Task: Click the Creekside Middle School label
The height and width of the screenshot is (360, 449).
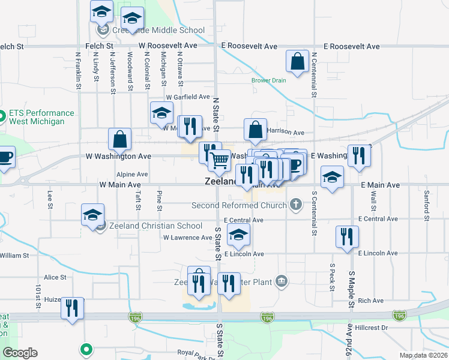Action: pos(158,30)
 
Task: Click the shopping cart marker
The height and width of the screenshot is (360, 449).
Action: pos(220,161)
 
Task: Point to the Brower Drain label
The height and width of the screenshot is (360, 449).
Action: pos(269,80)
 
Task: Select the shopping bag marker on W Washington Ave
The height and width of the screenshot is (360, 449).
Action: pos(120,139)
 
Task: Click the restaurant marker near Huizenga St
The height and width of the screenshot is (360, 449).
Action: pos(72,308)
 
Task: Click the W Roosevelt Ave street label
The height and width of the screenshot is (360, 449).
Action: pos(167,46)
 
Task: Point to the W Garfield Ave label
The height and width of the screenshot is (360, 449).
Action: pos(188,97)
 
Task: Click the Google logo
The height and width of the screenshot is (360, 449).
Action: pos(20,353)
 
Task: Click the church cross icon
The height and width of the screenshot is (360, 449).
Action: pos(295,205)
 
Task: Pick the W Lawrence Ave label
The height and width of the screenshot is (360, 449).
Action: pos(188,238)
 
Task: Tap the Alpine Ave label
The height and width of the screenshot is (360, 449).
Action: pos(132,174)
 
